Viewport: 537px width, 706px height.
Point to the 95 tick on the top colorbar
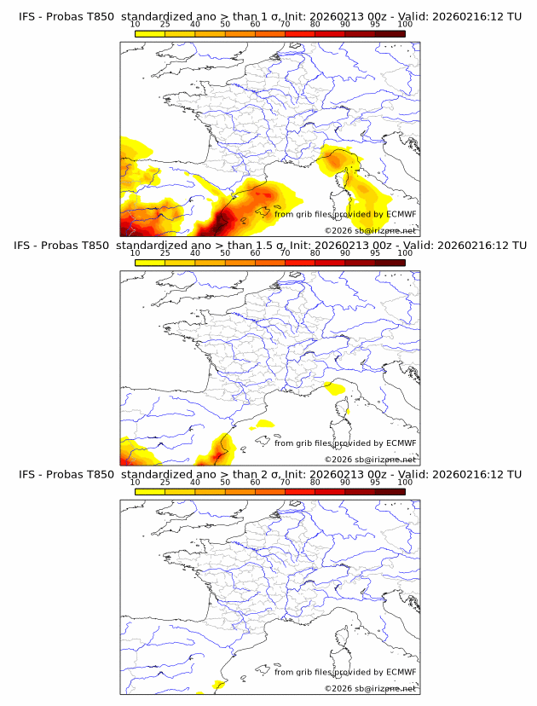[x=375, y=25]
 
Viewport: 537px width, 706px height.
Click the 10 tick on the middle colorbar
[x=136, y=253]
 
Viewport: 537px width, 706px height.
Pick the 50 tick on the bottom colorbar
[x=225, y=482]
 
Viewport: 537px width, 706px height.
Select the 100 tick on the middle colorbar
[x=405, y=253]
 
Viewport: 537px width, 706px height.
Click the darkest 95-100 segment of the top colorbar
[x=390, y=33]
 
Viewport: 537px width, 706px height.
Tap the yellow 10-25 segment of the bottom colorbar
[x=150, y=491]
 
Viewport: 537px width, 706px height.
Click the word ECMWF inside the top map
[x=401, y=214]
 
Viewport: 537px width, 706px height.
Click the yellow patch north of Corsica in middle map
[x=334, y=389]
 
